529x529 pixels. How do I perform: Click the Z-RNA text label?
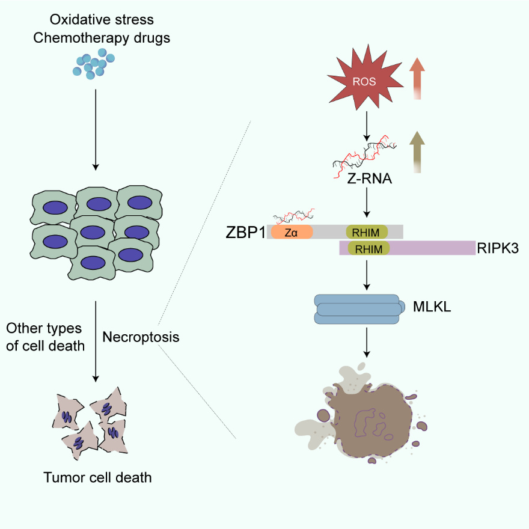coord(365,178)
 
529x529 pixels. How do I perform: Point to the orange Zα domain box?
coord(292,232)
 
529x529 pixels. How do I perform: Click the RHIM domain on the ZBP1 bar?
coord(367,232)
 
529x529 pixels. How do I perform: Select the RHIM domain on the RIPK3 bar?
coord(367,247)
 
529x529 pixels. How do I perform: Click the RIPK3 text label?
coord(497,247)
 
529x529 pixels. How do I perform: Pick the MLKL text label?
coord(432,308)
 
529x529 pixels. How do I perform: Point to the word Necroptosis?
coord(141,337)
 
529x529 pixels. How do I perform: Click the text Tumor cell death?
coord(97,479)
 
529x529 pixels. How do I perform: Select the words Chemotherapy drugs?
coord(102,38)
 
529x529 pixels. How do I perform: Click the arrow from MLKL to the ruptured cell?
coord(366,345)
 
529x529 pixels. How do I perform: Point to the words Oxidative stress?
coord(102,20)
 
